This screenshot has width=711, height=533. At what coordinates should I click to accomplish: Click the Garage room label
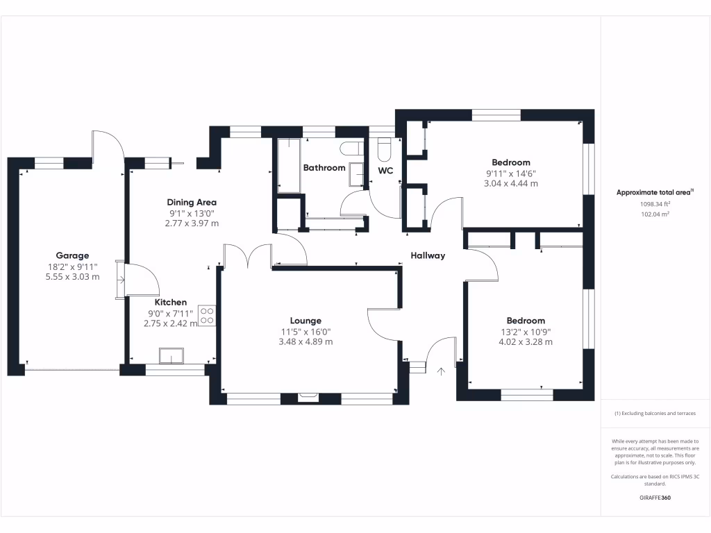pos(72,255)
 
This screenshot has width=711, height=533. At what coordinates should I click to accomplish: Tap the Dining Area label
pos(192,203)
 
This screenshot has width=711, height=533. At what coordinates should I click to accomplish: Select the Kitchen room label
pos(171,303)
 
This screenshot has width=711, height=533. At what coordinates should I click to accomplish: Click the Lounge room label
pos(306,321)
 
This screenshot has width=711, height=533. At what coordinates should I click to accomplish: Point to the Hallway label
pos(427,255)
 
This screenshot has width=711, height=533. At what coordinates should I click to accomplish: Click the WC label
pos(385,170)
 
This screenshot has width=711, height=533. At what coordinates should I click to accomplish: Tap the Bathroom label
pos(324,168)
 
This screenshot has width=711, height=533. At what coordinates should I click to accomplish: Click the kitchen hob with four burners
pos(207,316)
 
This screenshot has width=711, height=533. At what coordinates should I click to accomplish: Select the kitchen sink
pos(171,355)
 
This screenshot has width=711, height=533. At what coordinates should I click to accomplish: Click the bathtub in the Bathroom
pos(289,166)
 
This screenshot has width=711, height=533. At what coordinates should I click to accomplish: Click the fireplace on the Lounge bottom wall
pos(307,398)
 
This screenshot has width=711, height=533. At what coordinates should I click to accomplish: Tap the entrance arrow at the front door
pos(440,372)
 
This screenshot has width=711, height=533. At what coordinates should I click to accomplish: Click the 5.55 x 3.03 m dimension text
pos(72,276)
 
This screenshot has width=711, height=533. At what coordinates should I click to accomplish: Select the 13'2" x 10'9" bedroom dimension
pos(526,331)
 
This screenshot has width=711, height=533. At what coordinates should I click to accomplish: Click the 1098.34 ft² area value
pos(655,204)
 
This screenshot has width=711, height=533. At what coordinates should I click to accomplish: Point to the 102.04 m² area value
pos(655,214)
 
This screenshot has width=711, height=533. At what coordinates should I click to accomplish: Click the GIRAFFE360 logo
pos(655,498)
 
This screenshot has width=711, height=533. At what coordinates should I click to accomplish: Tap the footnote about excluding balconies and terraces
pos(655,414)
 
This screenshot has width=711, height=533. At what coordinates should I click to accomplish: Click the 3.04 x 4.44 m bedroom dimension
pos(511,184)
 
